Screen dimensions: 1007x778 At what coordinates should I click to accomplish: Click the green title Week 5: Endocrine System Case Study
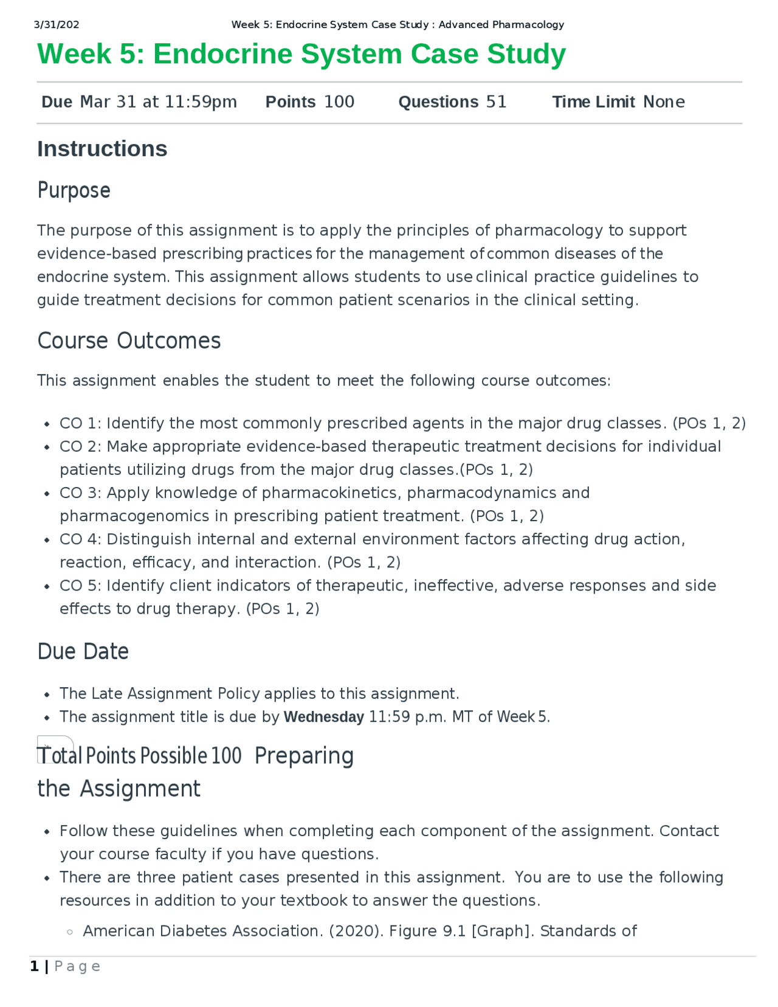coord(301,54)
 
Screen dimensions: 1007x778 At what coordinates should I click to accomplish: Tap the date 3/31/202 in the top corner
coord(57,25)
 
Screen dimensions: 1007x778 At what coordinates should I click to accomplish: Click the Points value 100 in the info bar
coord(339,102)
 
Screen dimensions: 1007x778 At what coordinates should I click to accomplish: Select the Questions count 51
coord(496,102)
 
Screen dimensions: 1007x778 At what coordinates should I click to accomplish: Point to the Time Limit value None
coord(664,102)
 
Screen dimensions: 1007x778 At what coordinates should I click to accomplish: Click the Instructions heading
coord(102,149)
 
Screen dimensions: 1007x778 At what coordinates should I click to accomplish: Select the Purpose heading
coord(74,190)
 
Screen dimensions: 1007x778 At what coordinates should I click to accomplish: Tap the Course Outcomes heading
coord(129,341)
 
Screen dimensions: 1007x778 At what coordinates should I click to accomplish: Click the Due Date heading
coord(83,651)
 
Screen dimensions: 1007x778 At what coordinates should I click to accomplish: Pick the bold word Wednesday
coord(323,717)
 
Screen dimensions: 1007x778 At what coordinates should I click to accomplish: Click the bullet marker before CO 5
coord(47,587)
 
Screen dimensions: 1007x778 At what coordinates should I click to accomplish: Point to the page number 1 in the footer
coord(34,966)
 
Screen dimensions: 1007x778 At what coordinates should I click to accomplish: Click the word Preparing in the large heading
coord(304,756)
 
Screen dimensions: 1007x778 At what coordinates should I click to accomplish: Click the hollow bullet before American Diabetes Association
coord(70,932)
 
